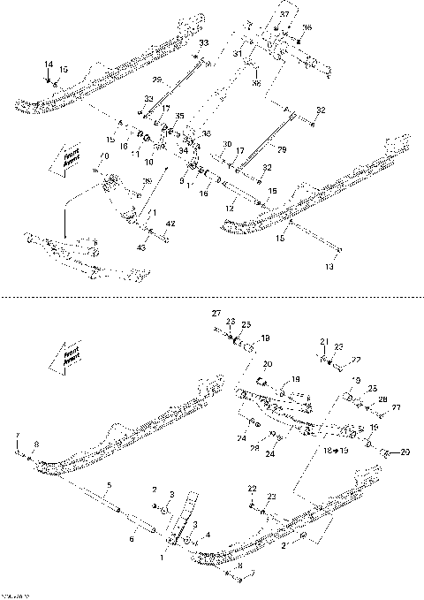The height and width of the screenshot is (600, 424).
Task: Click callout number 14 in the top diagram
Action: (49, 65)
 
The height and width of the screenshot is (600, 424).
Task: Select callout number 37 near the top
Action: (284, 16)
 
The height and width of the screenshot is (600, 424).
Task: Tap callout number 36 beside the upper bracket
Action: (307, 27)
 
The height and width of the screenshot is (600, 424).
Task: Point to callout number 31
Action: (238, 54)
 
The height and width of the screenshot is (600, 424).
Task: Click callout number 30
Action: (227, 143)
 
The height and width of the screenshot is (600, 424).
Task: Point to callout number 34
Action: (184, 151)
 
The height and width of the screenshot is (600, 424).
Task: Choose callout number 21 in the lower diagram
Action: (323, 340)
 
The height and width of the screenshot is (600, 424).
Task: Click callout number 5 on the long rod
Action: (110, 485)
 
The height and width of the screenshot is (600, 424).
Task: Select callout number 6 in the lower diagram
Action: (132, 538)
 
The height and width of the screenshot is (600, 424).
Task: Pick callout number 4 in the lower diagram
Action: (208, 535)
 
